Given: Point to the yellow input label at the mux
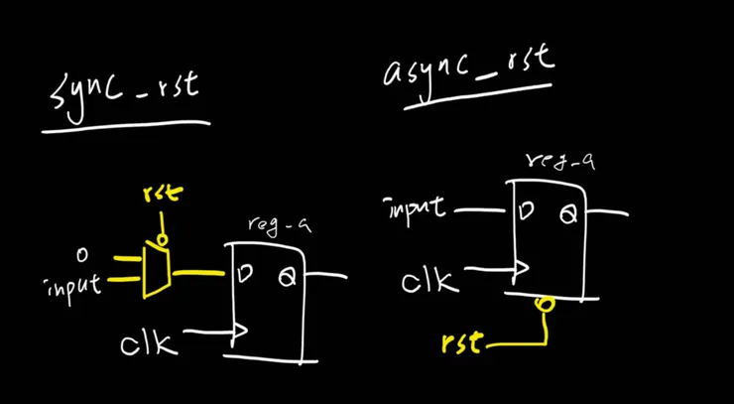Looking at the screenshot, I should click(75, 286).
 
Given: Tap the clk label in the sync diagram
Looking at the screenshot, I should click(149, 343).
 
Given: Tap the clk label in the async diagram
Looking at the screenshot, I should click(430, 281).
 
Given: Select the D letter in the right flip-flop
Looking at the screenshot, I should click(526, 210).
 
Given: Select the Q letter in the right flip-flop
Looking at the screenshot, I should click(567, 212).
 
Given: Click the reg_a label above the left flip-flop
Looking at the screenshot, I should click(280, 226).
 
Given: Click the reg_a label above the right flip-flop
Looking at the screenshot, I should click(561, 159).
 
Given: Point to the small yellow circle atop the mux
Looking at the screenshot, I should click(165, 238).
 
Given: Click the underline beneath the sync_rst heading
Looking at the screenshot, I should click(126, 127).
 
